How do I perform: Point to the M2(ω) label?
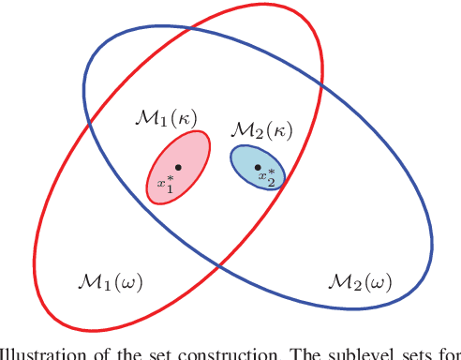[x=359, y=280]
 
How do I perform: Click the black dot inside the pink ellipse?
[x=177, y=168]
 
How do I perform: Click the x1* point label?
[x=166, y=183]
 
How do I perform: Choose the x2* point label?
[x=269, y=176]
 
